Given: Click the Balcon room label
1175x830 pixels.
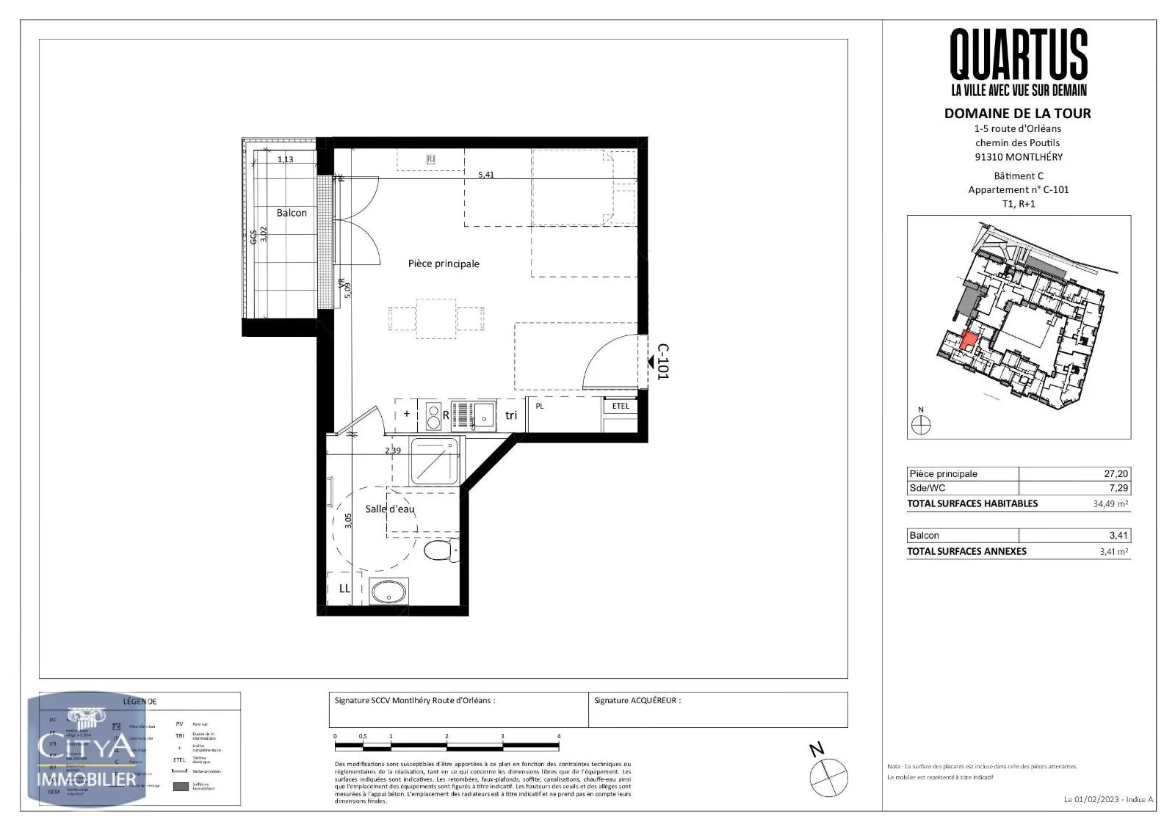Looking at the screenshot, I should coord(292,213).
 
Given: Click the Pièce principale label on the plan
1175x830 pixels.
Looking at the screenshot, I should coord(444,263).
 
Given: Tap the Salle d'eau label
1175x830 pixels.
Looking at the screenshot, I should coord(390,509).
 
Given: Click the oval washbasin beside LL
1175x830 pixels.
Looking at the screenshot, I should coord(389,591).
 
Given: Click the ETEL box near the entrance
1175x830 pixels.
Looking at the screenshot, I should coord(621,406).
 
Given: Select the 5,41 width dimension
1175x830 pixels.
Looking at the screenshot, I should coord(486,175).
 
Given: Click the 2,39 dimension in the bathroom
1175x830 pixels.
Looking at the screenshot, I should coord(393,450).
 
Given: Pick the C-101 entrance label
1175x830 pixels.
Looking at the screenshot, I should coord(662,361).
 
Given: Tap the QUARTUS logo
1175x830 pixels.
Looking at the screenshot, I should coord(1019,55).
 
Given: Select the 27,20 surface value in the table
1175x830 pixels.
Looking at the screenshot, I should coord(1116,474).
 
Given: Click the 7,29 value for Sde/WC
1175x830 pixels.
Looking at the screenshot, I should coord(1118,488).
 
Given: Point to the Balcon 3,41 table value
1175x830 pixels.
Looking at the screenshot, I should coord(1118,536).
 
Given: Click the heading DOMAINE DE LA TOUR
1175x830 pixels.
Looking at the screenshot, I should coord(1017,113).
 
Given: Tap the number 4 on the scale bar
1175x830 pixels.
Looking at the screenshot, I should coord(559,736).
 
